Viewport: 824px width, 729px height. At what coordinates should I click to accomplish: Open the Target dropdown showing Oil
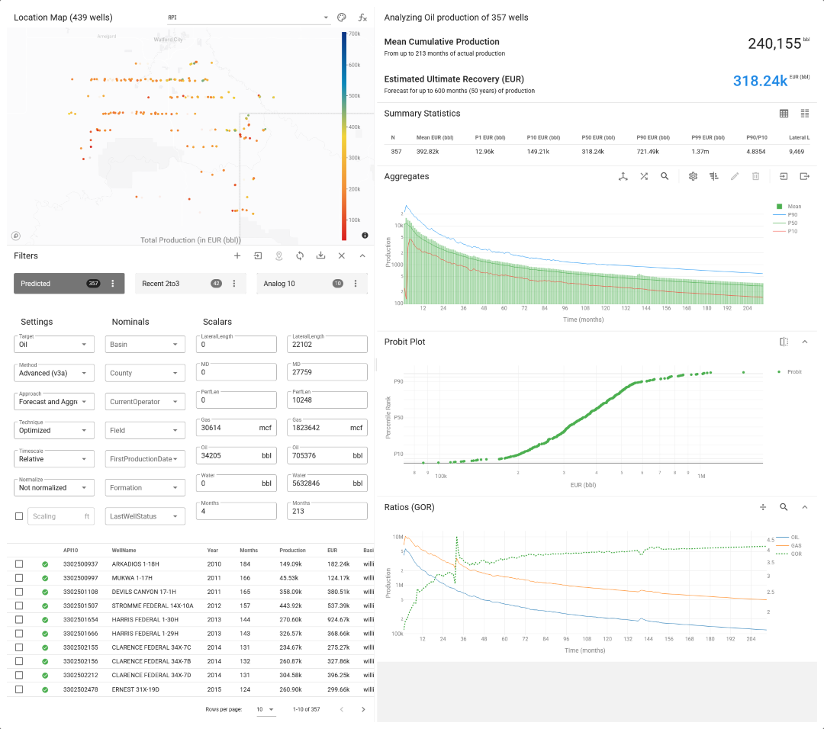pyautogui.click(x=54, y=345)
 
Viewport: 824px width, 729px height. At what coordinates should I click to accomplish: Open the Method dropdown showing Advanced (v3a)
pyautogui.click(x=54, y=373)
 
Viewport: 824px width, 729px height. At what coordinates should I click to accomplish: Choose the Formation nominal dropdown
pyautogui.click(x=145, y=488)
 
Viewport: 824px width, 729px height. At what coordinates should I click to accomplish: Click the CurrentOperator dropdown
pyautogui.click(x=145, y=402)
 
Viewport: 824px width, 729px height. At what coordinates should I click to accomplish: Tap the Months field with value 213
pyautogui.click(x=327, y=511)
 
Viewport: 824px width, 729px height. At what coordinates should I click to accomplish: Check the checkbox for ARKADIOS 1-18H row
pyautogui.click(x=19, y=564)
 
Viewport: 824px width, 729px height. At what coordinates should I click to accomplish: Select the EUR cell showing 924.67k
pyautogui.click(x=338, y=620)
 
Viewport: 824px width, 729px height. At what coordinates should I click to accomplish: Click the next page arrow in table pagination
pyautogui.click(x=363, y=709)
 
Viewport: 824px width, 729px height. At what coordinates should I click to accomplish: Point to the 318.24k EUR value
pyautogui.click(x=760, y=81)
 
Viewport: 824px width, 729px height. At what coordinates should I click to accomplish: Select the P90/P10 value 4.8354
pyautogui.click(x=756, y=152)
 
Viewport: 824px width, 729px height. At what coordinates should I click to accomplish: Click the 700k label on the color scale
pyautogui.click(x=354, y=34)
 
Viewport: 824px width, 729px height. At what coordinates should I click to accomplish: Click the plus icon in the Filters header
pyautogui.click(x=237, y=256)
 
